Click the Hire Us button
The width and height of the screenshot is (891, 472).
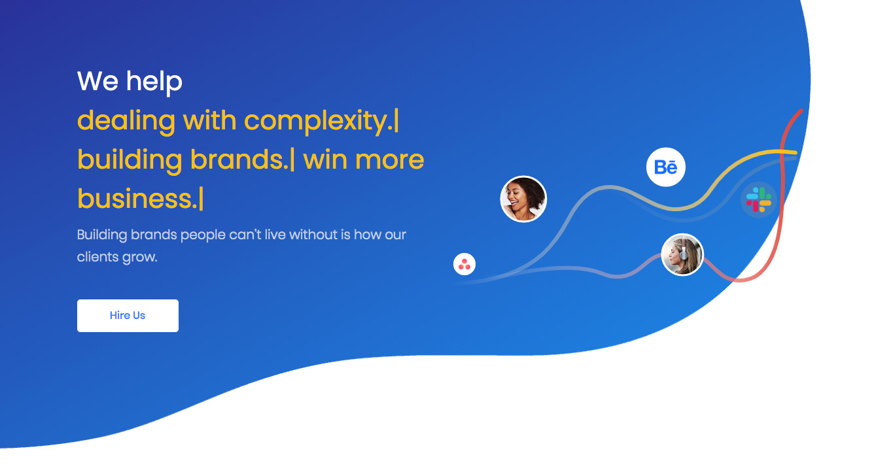point(128,315)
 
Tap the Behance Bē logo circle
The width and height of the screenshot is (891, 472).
point(666,167)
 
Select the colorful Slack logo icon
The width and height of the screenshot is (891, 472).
point(759,199)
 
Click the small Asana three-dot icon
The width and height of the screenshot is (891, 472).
point(464,264)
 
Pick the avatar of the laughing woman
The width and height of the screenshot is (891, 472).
point(523,199)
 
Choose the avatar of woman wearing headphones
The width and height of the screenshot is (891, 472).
point(682,254)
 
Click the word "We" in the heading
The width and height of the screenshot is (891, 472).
point(98,81)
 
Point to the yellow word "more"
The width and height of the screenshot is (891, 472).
point(390,161)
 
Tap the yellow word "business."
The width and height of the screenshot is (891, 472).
point(137,199)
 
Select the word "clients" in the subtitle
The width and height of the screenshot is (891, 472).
point(98,257)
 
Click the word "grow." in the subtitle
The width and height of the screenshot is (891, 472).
point(140,258)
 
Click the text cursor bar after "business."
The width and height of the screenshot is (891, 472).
point(201,199)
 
